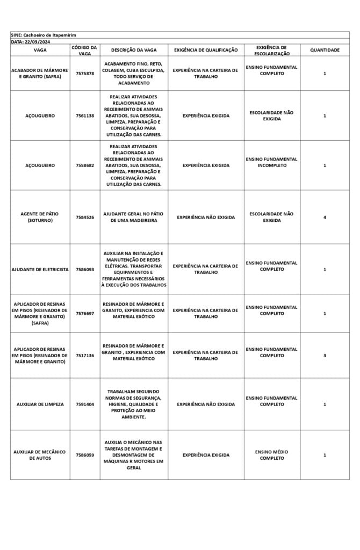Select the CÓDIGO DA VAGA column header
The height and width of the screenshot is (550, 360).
pyautogui.click(x=84, y=50)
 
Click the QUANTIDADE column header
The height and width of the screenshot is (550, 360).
pyautogui.click(x=325, y=50)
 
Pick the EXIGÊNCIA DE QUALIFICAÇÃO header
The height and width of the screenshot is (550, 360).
pyautogui.click(x=206, y=50)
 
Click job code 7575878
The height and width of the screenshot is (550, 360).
pyautogui.click(x=84, y=74)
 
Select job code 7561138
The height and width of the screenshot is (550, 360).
pyautogui.click(x=84, y=115)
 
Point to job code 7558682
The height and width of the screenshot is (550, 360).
pyautogui.click(x=84, y=165)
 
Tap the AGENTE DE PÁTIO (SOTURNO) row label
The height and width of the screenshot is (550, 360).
pyautogui.click(x=40, y=217)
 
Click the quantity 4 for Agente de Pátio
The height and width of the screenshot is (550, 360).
pyautogui.click(x=325, y=217)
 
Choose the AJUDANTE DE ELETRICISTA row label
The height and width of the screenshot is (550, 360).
pyautogui.click(x=40, y=269)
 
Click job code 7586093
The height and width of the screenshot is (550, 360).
pyautogui.click(x=84, y=269)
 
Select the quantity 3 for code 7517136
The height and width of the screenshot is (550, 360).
pyautogui.click(x=325, y=355)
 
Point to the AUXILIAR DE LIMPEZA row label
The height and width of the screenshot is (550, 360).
pyautogui.click(x=40, y=404)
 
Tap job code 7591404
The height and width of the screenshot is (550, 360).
pyautogui.click(x=84, y=404)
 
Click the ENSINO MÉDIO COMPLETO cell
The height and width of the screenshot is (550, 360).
pyautogui.click(x=272, y=455)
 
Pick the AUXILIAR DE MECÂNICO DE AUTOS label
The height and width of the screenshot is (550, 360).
pyautogui.click(x=40, y=455)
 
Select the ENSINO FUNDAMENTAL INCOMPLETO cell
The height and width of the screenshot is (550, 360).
pyautogui.click(x=272, y=162)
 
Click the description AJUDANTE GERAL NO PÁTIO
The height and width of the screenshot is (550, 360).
pyautogui.click(x=133, y=217)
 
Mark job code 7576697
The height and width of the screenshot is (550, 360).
pyautogui.click(x=84, y=313)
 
